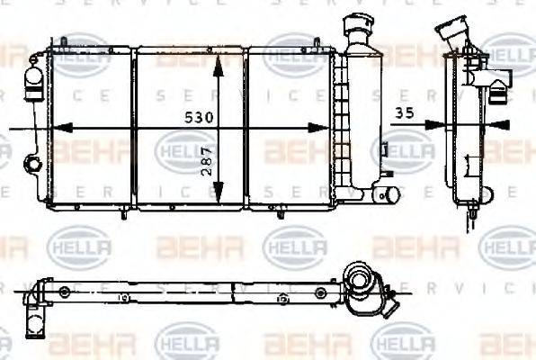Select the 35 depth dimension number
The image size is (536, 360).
pyautogui.click(x=406, y=112)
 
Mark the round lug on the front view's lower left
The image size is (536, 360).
pyautogui.click(x=32, y=164)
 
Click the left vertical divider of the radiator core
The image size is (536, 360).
pyautogui.click(x=133, y=129)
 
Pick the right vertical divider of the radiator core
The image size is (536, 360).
pyautogui.click(x=246, y=129)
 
